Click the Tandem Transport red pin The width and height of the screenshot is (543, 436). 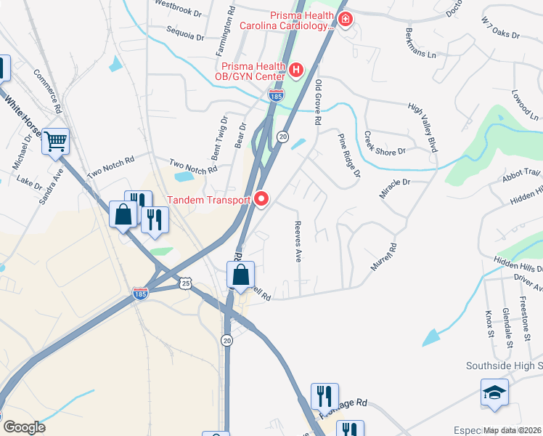pyautogui.click(x=261, y=198)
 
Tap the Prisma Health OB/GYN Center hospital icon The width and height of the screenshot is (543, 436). pyautogui.click(x=296, y=70)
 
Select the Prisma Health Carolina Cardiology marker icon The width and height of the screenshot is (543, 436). pyautogui.click(x=345, y=19)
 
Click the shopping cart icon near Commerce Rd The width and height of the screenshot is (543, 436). pyautogui.click(x=56, y=141)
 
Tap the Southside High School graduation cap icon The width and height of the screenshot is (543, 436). pyautogui.click(x=494, y=393)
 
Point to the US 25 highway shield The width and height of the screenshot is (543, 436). pyautogui.click(x=187, y=282)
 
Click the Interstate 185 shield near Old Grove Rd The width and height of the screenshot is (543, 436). pyautogui.click(x=275, y=95)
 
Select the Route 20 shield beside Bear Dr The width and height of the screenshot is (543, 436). pyautogui.click(x=283, y=137)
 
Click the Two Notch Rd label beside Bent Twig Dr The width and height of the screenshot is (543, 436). pyautogui.click(x=192, y=166)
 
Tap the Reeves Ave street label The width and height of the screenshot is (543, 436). pyautogui.click(x=297, y=242)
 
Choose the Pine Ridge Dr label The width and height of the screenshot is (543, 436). pyautogui.click(x=349, y=155)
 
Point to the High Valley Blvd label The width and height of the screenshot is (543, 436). pyautogui.click(x=423, y=128)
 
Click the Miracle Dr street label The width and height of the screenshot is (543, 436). pyautogui.click(x=395, y=189)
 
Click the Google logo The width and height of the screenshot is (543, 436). pyautogui.click(x=23, y=427)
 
